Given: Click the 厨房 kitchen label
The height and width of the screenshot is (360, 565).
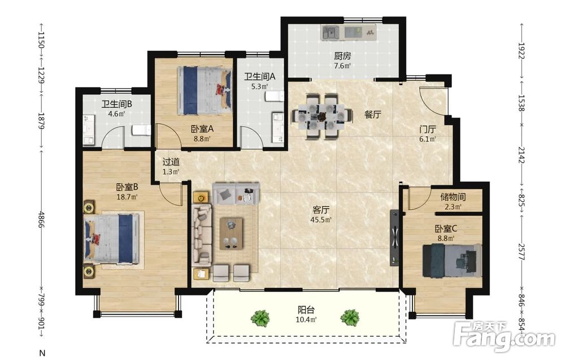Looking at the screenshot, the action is (342, 56).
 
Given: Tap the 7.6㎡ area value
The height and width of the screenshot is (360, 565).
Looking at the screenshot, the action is (342, 66).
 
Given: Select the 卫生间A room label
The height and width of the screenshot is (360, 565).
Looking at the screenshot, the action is (259, 76).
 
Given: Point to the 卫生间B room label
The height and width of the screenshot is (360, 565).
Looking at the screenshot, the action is (116, 104).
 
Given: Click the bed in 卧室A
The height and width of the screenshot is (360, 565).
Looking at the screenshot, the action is (205, 90).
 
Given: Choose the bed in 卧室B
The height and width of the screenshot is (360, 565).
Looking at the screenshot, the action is (111, 239).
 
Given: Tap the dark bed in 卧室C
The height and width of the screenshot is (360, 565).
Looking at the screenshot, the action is (452, 261).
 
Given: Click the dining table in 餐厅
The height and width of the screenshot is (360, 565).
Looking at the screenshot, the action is (322, 116).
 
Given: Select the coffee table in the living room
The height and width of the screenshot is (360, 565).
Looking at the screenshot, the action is (231, 233).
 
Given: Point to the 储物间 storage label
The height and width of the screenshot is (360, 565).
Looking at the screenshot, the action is (453, 197).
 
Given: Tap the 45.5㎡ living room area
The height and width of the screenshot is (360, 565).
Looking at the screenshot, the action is (321, 219).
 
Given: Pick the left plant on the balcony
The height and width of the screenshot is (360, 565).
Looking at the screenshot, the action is (260, 318).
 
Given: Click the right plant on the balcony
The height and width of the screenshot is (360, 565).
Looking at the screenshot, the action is (350, 318).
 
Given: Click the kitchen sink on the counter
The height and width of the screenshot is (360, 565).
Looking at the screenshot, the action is (331, 32).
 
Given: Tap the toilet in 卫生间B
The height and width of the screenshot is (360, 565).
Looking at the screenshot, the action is (141, 130).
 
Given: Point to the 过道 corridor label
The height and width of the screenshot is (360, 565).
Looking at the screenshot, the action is (171, 162).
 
